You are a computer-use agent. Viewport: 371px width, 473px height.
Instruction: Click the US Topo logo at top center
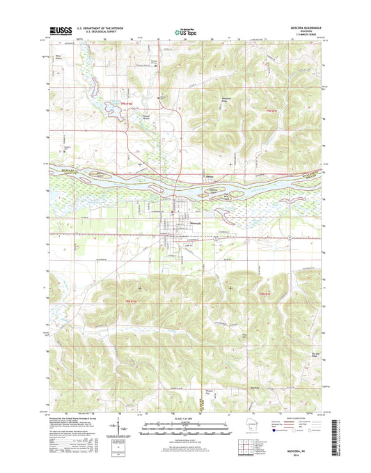click(185, 31)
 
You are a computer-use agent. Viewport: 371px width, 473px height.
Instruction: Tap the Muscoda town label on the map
click(196, 223)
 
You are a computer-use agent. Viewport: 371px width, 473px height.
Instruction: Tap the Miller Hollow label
click(59, 57)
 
